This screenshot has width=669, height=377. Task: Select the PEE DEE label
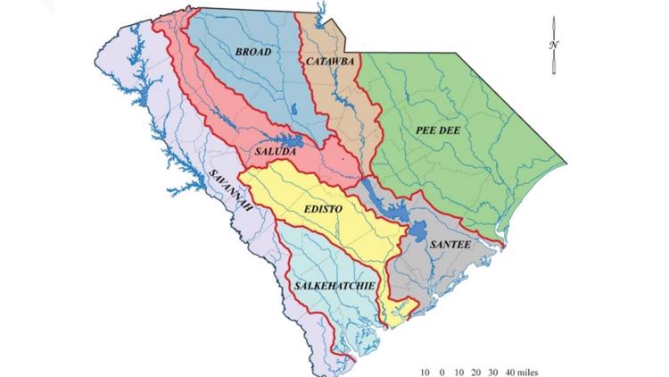point(436,130)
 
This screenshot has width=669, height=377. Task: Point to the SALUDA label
point(275,154)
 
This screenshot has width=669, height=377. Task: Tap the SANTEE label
point(450,243)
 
